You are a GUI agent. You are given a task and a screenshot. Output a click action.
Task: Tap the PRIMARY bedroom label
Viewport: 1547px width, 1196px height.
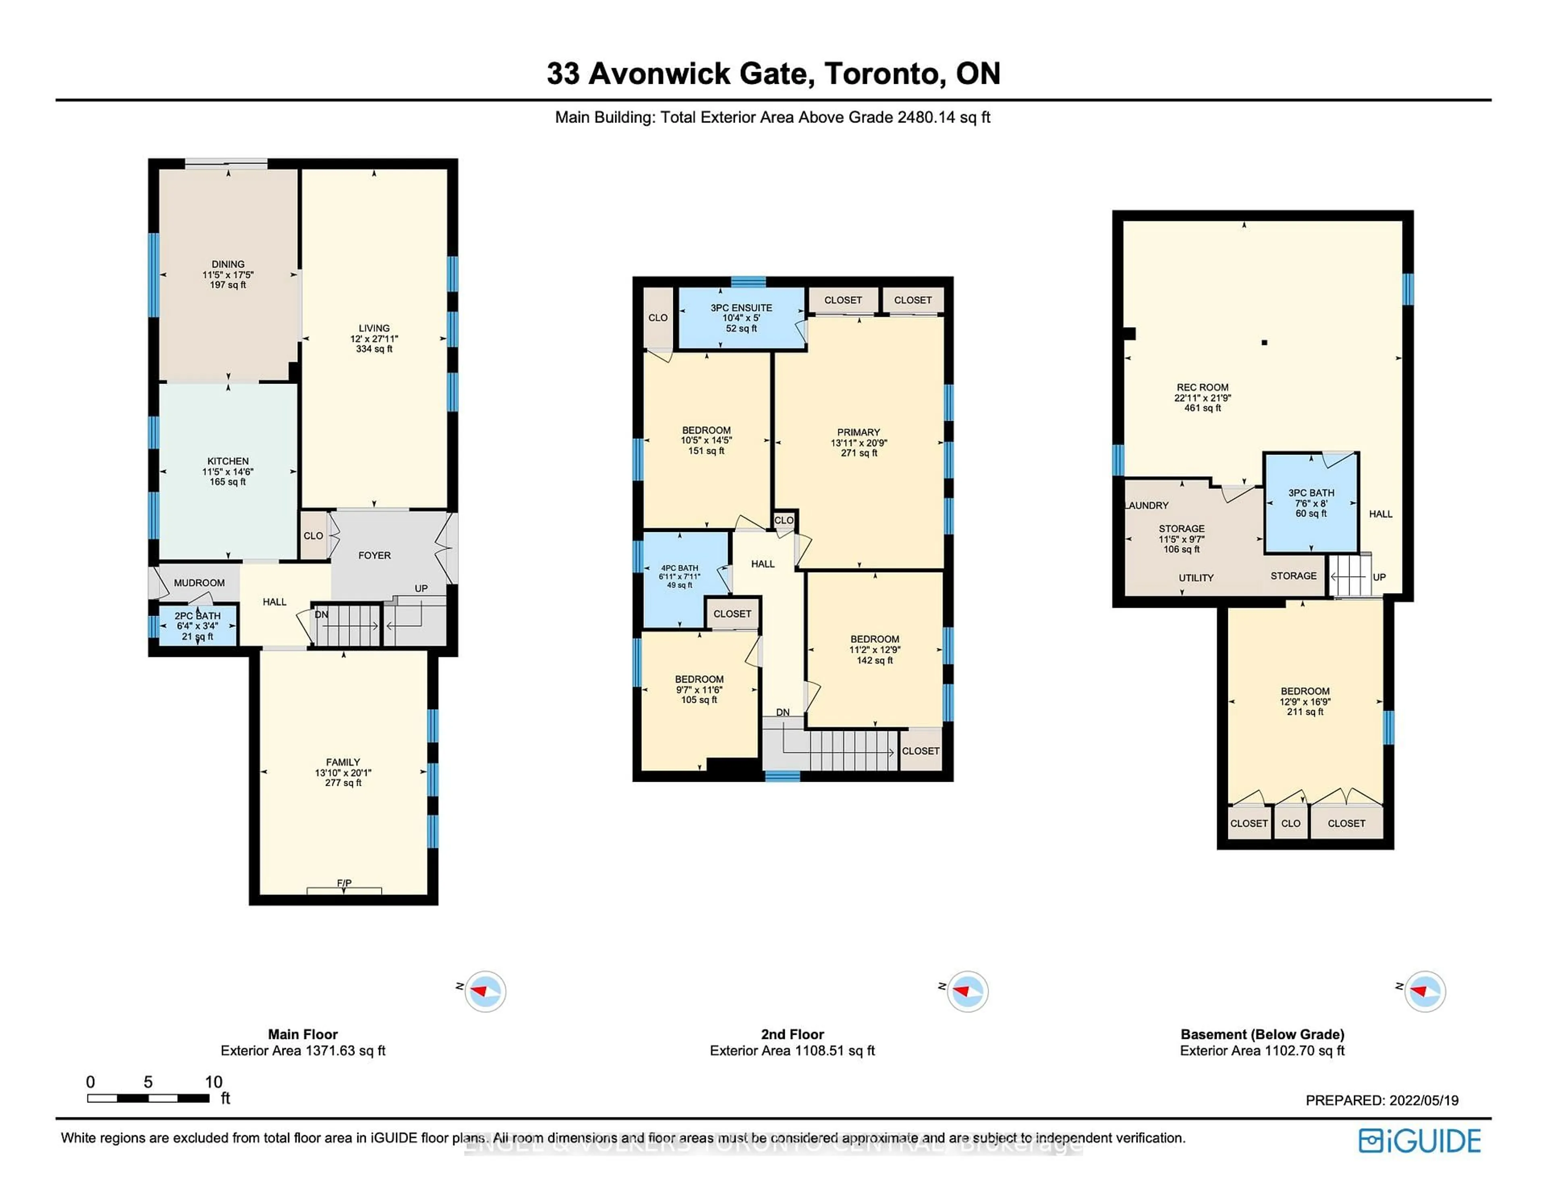859,432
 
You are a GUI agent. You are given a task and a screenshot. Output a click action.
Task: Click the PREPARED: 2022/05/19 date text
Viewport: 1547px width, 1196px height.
1381,1100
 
